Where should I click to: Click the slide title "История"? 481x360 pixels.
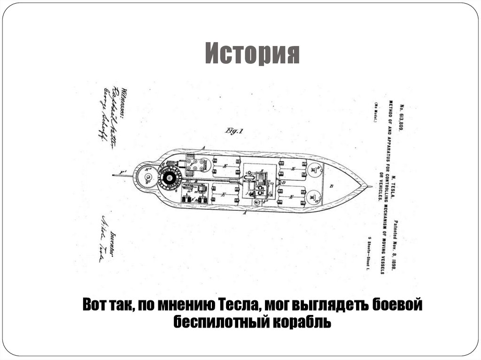tap(252, 54)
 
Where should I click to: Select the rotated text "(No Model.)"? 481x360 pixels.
tap(376, 113)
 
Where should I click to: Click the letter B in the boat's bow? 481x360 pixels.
tap(332, 186)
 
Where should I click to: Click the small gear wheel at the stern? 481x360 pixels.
tap(147, 177)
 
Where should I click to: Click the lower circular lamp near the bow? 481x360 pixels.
tap(313, 197)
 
